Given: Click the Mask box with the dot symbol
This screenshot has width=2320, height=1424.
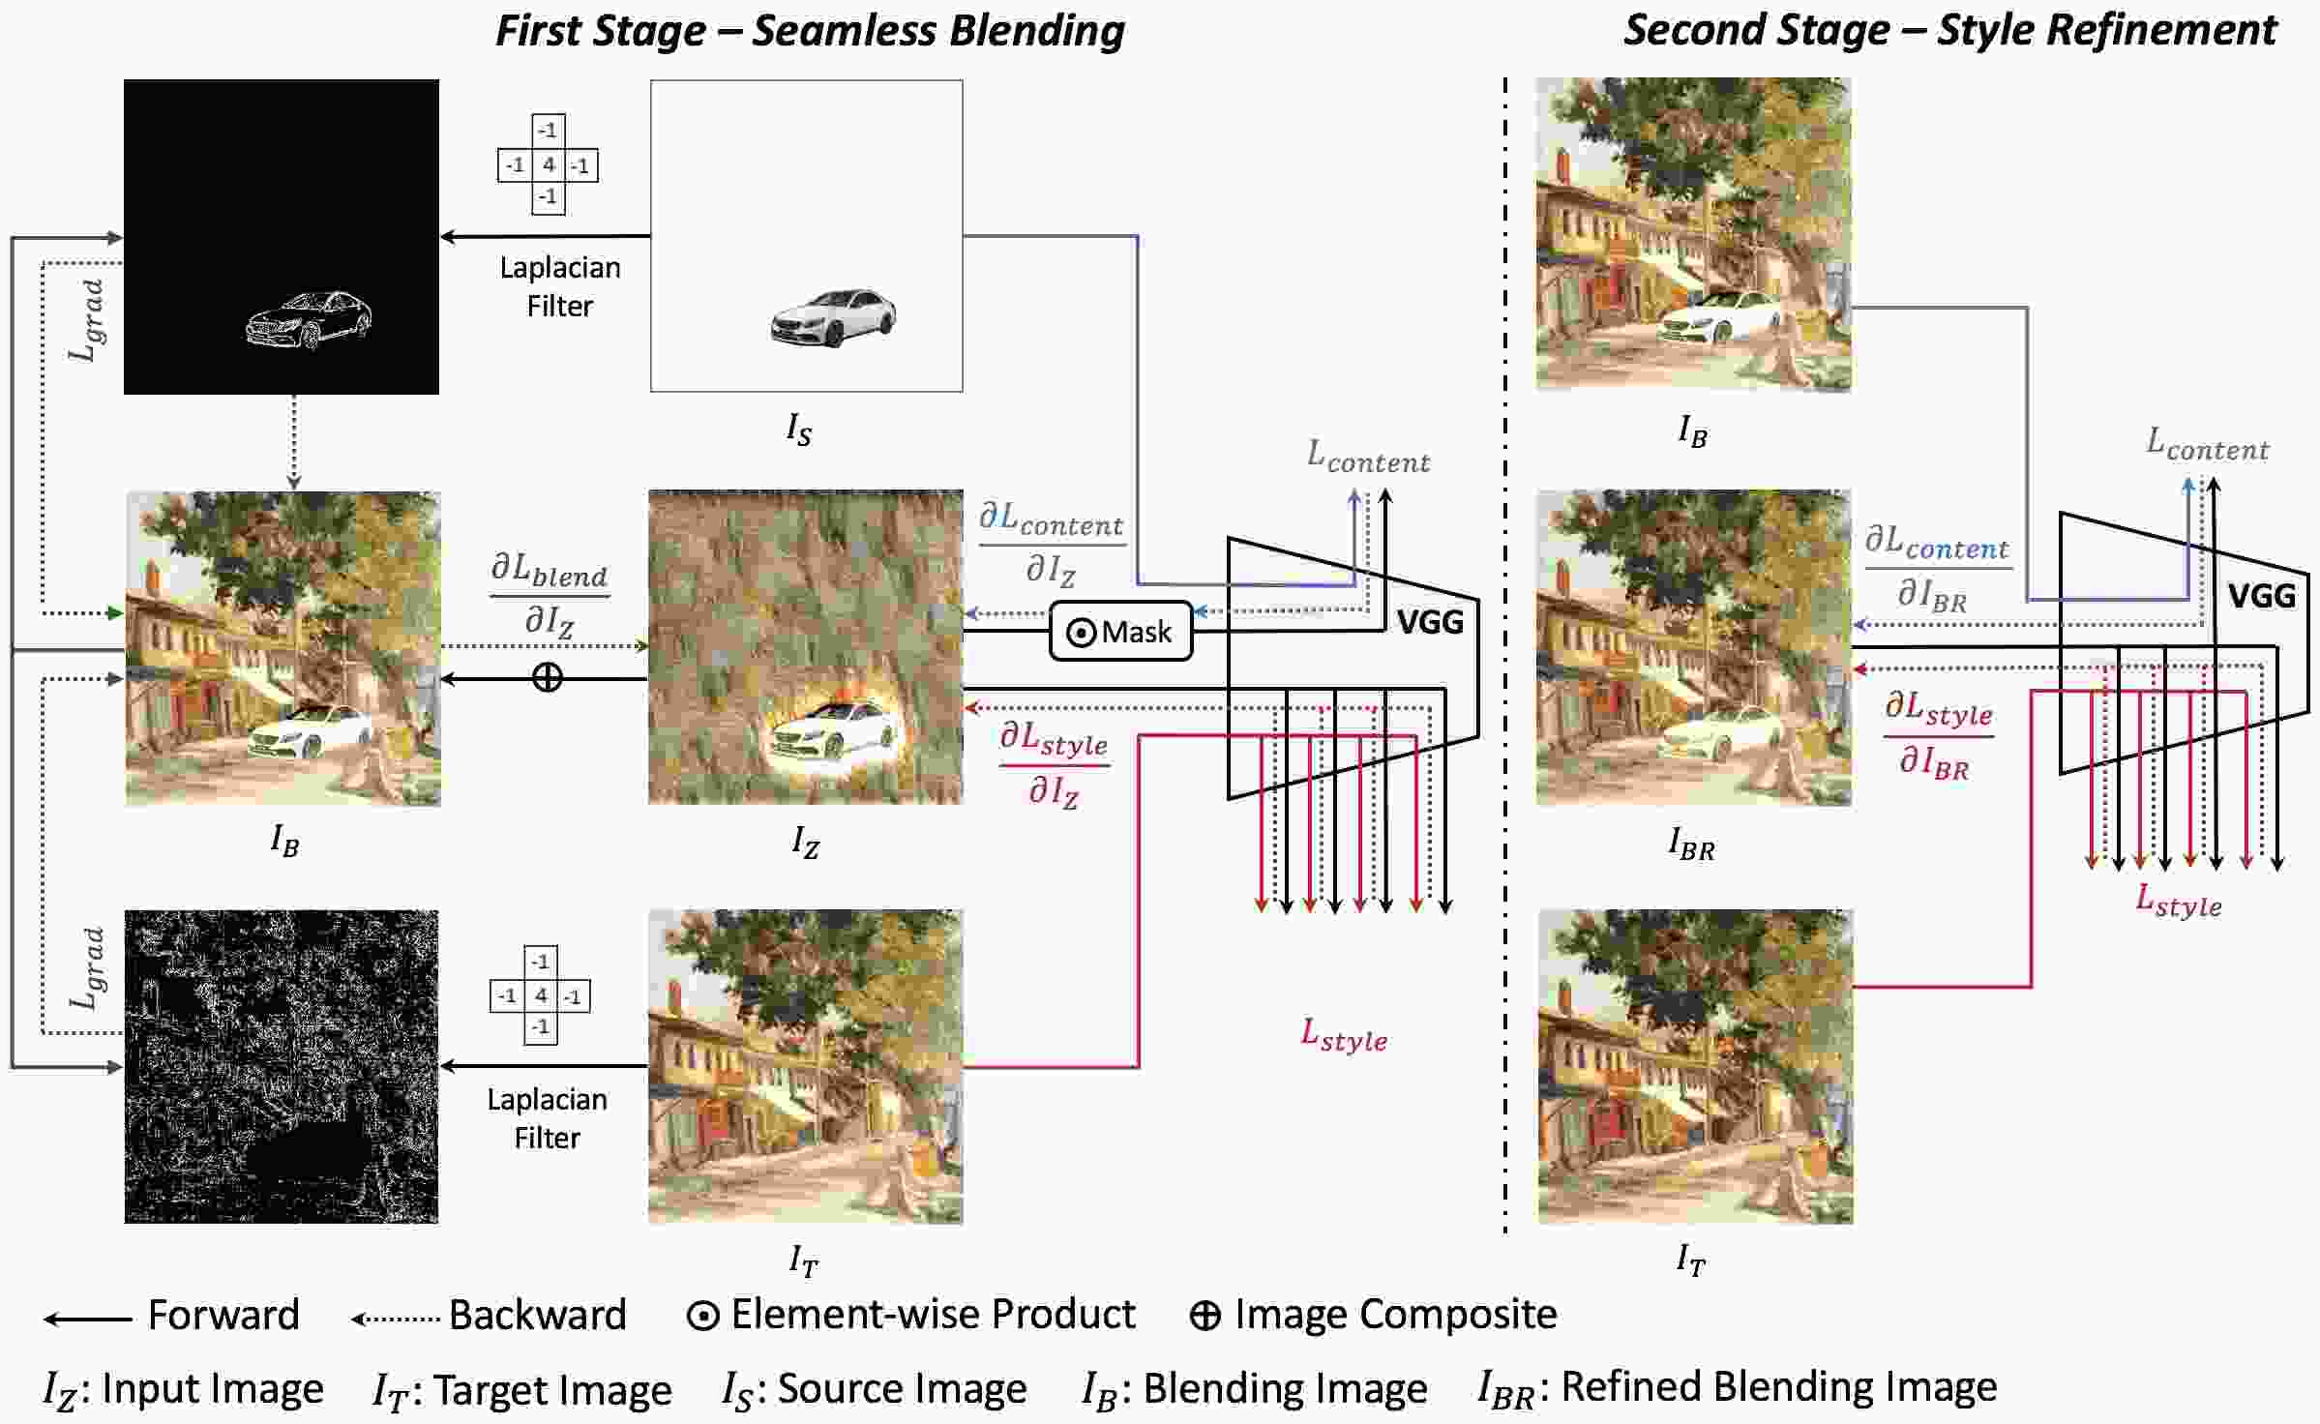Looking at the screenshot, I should (x=1120, y=632).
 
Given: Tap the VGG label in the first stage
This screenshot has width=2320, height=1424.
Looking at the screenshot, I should (x=1429, y=622).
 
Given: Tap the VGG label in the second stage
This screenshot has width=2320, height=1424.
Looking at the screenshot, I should (x=2261, y=595).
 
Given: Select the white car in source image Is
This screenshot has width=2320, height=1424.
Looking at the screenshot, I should (x=833, y=316).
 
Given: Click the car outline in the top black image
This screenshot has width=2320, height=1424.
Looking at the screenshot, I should (x=309, y=319).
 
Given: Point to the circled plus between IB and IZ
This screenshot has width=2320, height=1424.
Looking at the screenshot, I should (x=548, y=677).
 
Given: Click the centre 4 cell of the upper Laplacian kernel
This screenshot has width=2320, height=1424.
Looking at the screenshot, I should (x=548, y=164).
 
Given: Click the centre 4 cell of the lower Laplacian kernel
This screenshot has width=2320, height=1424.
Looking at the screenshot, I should (x=540, y=995).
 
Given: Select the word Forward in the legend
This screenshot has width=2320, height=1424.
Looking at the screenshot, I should (x=223, y=1315).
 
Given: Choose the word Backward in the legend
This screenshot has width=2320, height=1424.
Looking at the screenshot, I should (x=537, y=1315).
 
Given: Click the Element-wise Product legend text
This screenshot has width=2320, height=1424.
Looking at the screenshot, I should (x=932, y=1314).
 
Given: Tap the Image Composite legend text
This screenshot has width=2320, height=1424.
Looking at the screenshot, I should (x=1395, y=1314).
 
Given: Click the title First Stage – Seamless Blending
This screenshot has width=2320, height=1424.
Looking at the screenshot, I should (x=810, y=30).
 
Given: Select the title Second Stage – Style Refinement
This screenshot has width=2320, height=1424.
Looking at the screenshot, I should (x=1949, y=30).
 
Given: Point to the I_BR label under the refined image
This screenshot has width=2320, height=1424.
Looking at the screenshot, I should (x=1691, y=845).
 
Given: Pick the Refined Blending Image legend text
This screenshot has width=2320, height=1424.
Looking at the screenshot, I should (x=1778, y=1386).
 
